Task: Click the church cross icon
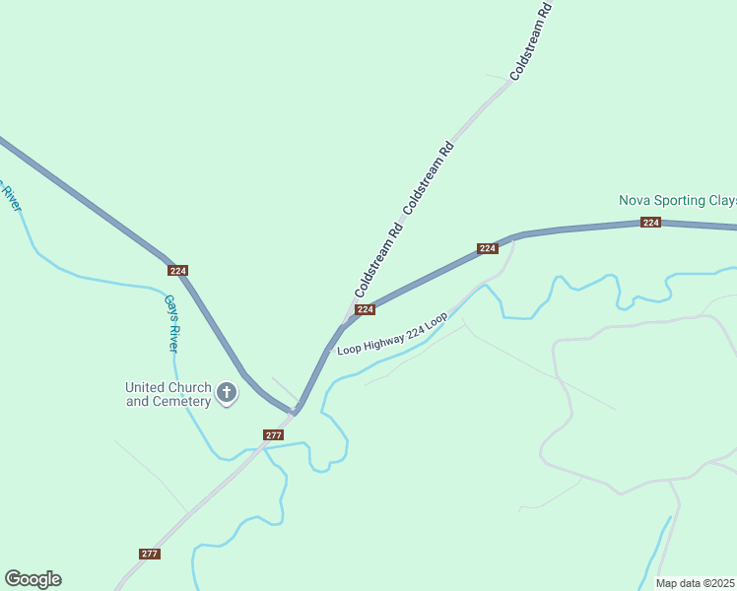227,394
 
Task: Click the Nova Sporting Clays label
677,200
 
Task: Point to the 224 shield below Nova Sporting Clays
650,223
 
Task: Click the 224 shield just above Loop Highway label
365,309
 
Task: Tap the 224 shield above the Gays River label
177,270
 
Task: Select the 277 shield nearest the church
274,434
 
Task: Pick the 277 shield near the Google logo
149,554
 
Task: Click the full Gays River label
171,323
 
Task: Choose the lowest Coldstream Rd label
379,262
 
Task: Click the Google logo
33,579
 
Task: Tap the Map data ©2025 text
696,583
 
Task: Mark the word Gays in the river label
167,309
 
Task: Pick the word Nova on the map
633,200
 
